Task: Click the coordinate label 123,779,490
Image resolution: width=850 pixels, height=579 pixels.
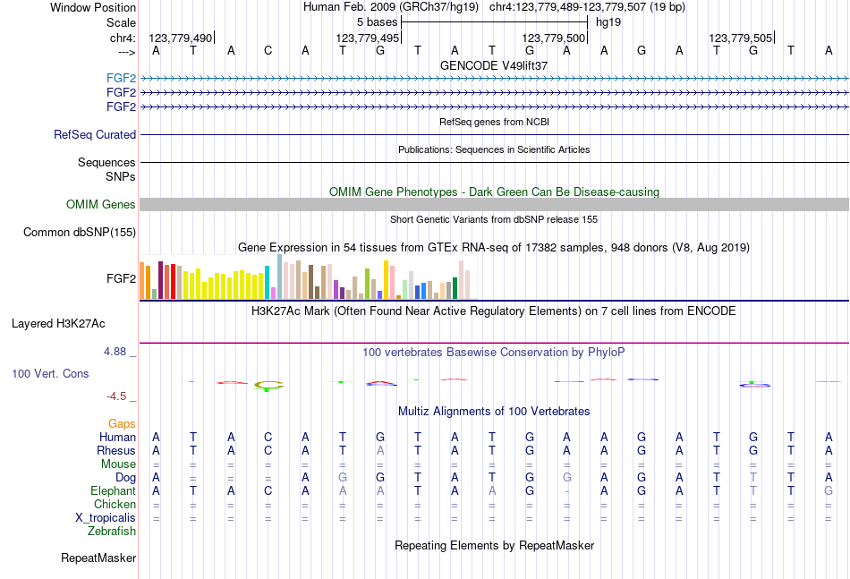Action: [181, 38]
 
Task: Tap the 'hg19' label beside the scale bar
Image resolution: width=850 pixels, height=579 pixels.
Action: [608, 21]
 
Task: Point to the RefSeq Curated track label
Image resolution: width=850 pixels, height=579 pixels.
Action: [95, 135]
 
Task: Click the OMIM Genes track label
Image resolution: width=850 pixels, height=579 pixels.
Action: [101, 205]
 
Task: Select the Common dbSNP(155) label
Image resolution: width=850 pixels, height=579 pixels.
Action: [80, 233]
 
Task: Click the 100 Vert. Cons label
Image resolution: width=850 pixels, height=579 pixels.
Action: [50, 373]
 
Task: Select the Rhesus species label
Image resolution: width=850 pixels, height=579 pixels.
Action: [117, 451]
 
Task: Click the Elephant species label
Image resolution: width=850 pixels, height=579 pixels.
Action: [113, 491]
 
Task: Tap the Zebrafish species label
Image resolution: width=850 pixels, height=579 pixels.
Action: [112, 532]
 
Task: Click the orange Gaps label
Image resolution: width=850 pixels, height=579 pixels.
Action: [122, 423]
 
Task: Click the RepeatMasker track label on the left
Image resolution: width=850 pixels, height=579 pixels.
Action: [98, 558]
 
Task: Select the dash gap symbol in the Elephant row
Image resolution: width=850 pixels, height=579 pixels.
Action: [567, 491]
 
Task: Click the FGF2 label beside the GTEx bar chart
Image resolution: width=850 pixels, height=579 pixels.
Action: [121, 278]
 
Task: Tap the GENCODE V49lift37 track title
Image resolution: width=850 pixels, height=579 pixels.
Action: [494, 65]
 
